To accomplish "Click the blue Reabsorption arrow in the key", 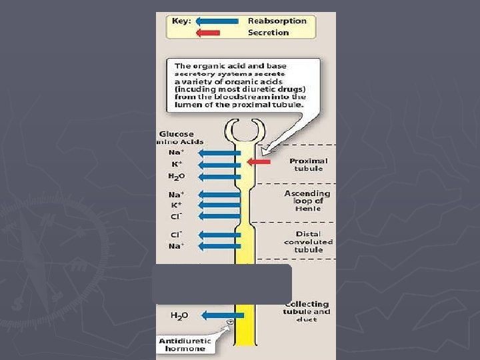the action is pos(217,21).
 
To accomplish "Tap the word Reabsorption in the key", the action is pos(277,21).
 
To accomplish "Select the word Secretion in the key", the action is pos(268,32).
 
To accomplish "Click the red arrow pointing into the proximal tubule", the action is pos(259,161).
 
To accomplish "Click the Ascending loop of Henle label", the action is pos(307,201).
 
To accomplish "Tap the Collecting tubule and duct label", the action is pos(307,311).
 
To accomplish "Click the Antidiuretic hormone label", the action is pos(185,345).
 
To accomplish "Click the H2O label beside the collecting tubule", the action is pos(179,315).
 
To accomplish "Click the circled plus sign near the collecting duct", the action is pos(230,322).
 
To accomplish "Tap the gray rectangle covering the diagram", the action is pos(222,284).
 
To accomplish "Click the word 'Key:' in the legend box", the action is pos(182,21).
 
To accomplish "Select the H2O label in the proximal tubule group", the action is pos(177,175).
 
